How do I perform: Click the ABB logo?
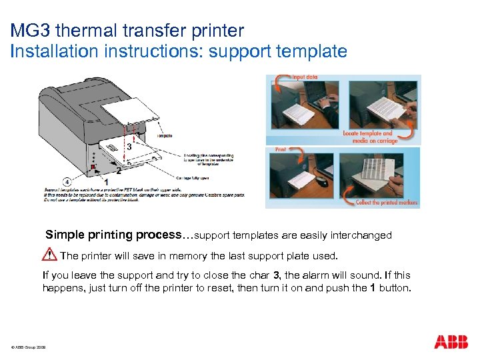tap(451, 343)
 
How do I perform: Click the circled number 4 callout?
tap(67, 181)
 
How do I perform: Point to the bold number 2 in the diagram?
tap(118, 171)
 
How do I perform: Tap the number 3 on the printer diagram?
tap(129, 146)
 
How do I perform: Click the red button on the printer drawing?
tap(93, 166)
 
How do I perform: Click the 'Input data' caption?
tap(306, 77)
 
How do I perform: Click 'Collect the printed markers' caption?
tap(386, 202)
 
